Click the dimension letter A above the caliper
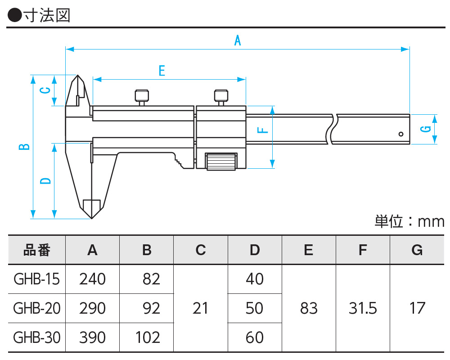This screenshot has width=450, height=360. click(x=238, y=41)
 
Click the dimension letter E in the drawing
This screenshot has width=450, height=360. click(x=162, y=71)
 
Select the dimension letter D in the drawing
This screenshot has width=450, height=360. click(x=45, y=181)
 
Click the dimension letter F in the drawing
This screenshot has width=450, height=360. click(x=264, y=130)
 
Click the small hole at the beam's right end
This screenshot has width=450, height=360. click(x=400, y=134)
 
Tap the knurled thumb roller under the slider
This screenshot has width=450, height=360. click(x=221, y=162)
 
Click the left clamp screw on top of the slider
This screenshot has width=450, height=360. click(x=142, y=96)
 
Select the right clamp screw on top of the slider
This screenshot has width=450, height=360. click(x=220, y=96)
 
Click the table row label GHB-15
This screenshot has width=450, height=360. click(x=36, y=279)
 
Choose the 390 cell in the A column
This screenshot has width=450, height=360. click(x=92, y=337)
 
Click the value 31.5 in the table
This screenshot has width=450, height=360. click(x=363, y=308)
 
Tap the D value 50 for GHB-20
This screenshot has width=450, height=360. click(x=255, y=308)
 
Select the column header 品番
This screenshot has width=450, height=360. click(x=37, y=250)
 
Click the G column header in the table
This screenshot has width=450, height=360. click(x=417, y=250)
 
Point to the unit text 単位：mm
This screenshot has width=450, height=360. click(x=409, y=222)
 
